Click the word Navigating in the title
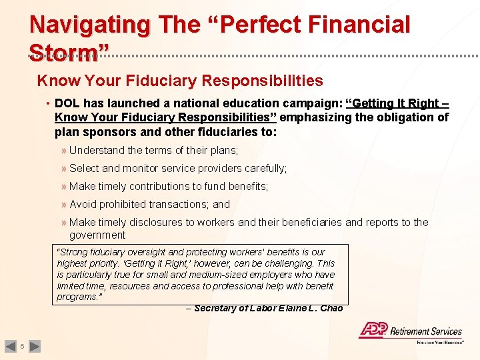[90, 25]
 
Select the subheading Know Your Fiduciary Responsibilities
[180, 81]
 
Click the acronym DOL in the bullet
[67, 103]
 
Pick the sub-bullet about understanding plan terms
[153, 151]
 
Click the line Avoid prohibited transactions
[149, 205]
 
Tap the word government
[97, 235]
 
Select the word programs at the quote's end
[77, 297]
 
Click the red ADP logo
[373, 330]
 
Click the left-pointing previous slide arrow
[10, 346]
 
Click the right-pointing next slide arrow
[35, 346]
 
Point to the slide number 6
[23, 346]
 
